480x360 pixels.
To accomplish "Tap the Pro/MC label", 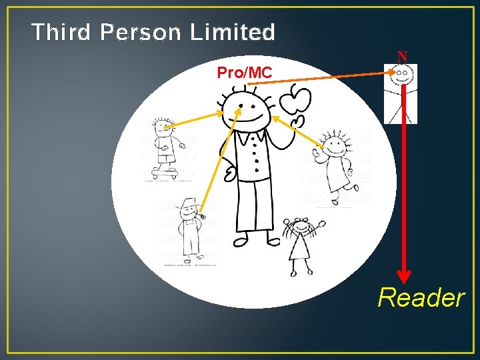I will point(245,73).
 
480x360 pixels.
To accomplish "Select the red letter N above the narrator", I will point(402,57).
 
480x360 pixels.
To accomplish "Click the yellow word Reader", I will point(421,297).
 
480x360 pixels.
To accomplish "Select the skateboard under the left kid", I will point(163,172).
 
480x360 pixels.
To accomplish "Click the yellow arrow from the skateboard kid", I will point(193,119).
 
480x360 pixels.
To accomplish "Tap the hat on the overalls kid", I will point(190,204).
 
